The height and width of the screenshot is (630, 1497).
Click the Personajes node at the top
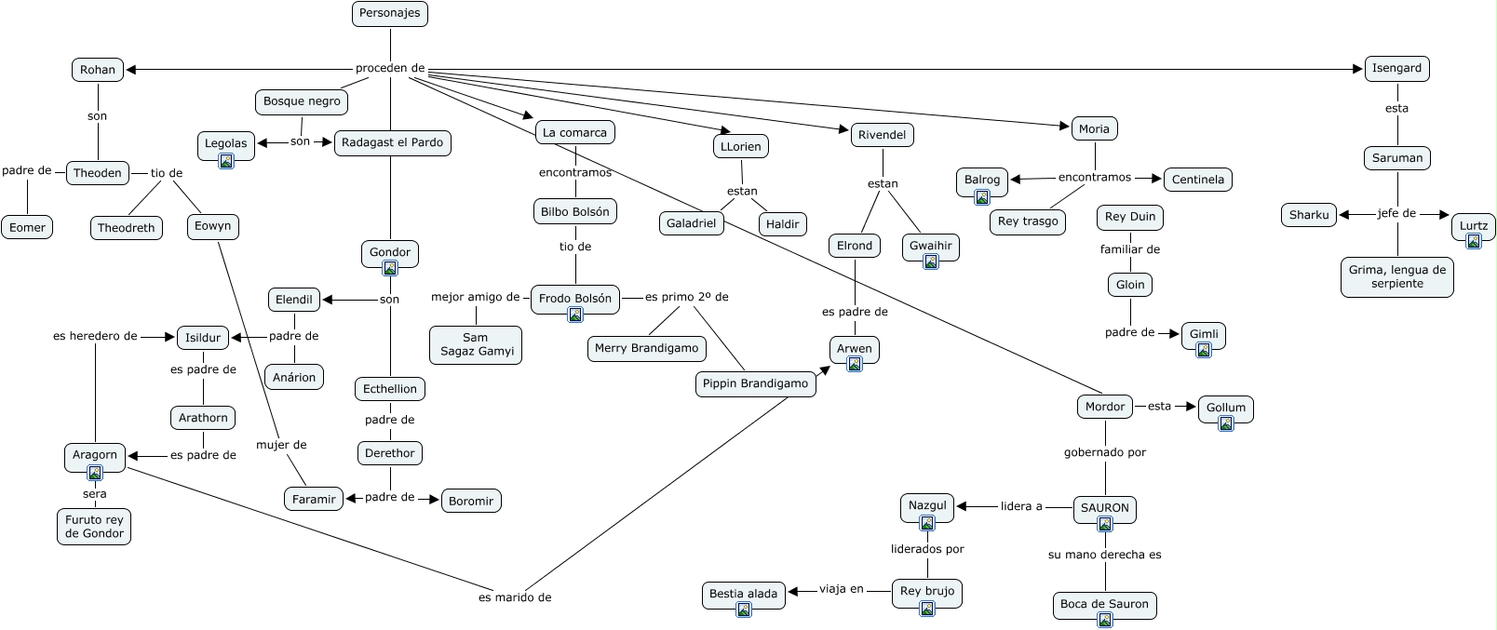point(390,13)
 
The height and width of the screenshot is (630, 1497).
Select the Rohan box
point(98,70)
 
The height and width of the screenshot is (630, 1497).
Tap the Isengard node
point(1396,68)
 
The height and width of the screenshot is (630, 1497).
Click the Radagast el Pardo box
point(392,142)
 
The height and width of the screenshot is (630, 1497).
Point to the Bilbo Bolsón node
point(575,211)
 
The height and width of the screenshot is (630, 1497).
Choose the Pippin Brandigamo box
point(755,383)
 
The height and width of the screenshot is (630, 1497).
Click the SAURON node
point(1105,508)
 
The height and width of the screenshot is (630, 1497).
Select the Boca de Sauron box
point(1104,604)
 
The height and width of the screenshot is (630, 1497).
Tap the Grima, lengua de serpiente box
point(1396,276)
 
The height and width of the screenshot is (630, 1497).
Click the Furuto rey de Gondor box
point(94,527)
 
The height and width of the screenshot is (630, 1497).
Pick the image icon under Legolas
point(226,161)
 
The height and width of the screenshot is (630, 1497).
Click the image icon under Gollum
point(1226,424)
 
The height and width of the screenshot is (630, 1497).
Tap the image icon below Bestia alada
point(744,610)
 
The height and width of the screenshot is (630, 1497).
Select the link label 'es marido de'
point(515,597)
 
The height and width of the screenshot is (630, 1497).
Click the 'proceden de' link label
point(390,68)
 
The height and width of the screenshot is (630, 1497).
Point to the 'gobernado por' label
point(1105,452)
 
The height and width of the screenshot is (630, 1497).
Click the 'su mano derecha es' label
point(1105,555)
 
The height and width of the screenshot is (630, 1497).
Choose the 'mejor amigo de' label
point(476,297)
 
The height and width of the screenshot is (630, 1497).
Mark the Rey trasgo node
point(1028,221)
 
